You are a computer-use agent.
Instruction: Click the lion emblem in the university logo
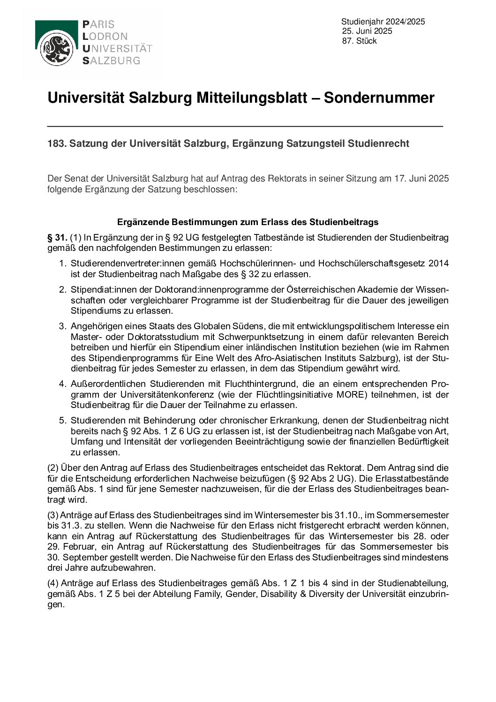(56, 49)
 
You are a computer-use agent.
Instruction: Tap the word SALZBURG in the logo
(111, 60)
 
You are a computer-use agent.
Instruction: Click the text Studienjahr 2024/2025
(383, 22)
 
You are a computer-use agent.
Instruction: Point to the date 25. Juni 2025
(367, 31)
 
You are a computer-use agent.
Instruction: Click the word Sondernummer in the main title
(379, 98)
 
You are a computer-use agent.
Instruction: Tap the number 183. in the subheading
(57, 143)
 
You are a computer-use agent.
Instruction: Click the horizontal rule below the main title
(245, 126)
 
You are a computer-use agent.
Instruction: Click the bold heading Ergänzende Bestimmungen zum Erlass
(248, 222)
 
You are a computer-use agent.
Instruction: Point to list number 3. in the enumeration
(62, 326)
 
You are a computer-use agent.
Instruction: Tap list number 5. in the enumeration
(62, 421)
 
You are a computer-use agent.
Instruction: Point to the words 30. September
(76, 558)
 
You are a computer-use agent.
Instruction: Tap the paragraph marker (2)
(53, 468)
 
